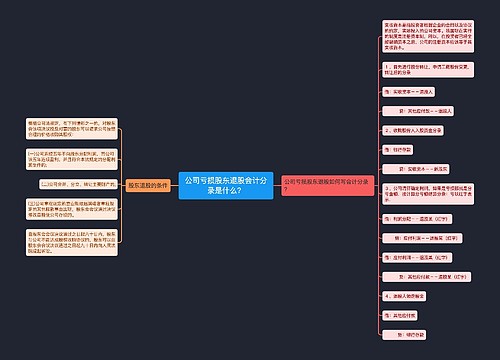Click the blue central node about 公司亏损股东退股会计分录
click(x=225, y=184)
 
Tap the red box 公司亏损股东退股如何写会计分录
click(x=319, y=184)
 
